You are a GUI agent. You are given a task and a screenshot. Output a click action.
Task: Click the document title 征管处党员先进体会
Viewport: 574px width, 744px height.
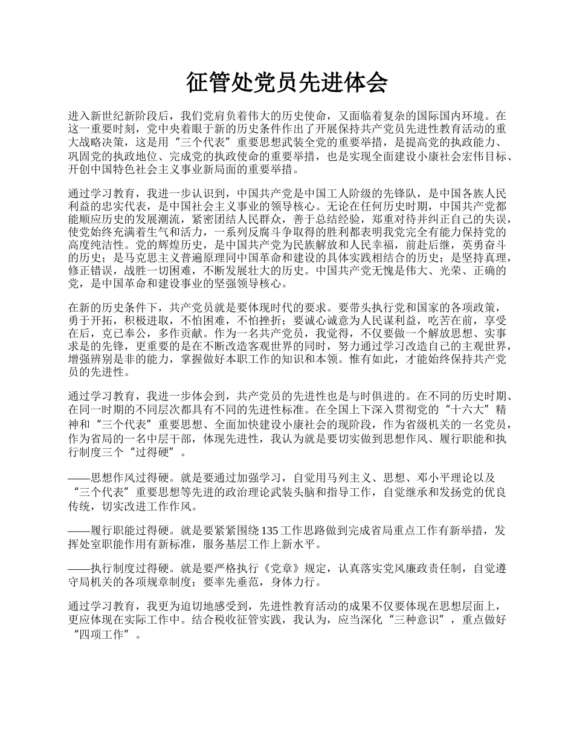coord(286,83)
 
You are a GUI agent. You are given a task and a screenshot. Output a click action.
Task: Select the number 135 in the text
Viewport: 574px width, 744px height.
coord(269,531)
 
